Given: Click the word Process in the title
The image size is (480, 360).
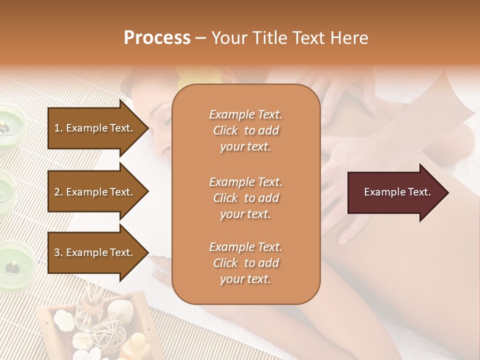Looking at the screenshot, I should [x=157, y=38].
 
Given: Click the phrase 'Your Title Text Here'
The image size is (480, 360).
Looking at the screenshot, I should [x=290, y=38].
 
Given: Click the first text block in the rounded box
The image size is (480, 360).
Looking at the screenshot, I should [x=245, y=130].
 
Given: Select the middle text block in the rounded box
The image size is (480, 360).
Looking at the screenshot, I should [x=245, y=197].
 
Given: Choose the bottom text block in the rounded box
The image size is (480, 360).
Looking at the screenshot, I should [x=245, y=263].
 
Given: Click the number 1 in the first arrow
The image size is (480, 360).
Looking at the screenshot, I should [x=57, y=128].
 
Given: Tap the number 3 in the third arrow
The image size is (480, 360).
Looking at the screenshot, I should [x=57, y=252].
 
